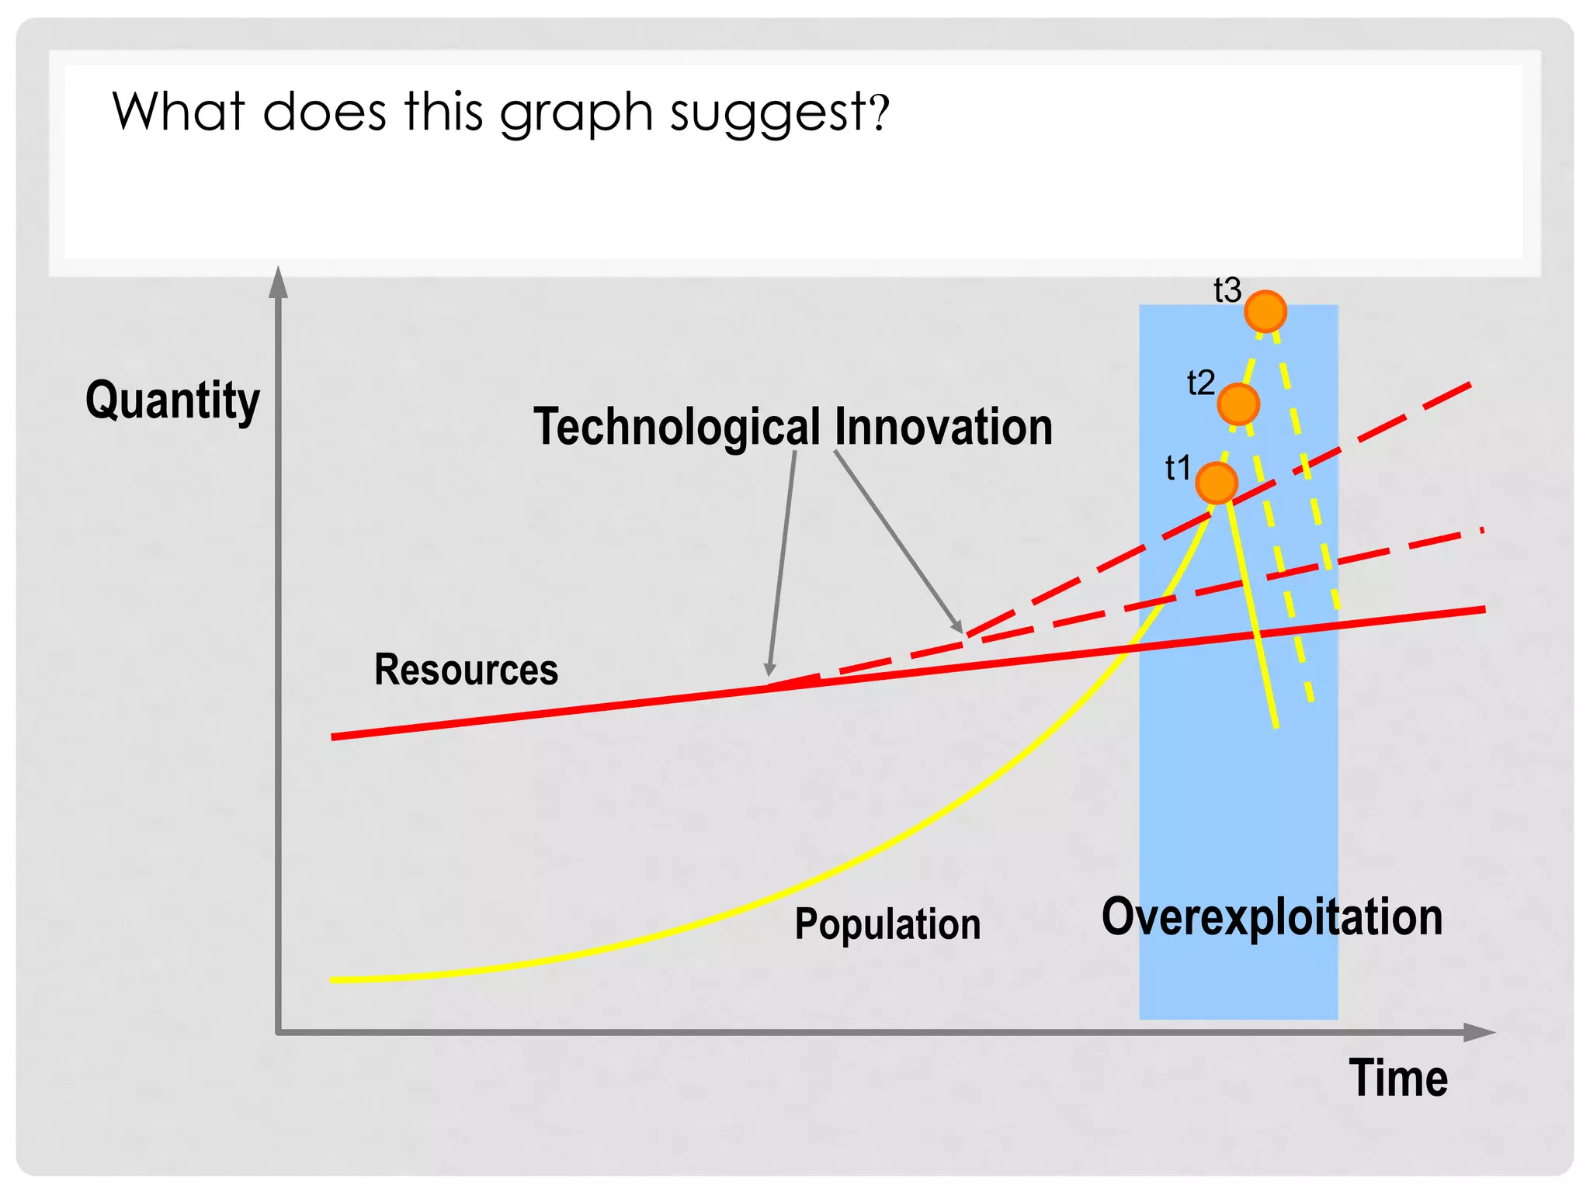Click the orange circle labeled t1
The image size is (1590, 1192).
1217,483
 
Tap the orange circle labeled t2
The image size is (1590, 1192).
1238,404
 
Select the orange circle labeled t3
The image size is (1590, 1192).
1265,311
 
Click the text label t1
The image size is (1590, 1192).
1178,468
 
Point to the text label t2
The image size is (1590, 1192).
1201,383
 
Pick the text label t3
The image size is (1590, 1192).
1227,290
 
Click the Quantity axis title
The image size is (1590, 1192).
172,400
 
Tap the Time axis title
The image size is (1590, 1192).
1398,1078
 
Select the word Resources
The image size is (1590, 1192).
466,669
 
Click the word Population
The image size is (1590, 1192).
887,924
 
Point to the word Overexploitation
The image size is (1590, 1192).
1272,917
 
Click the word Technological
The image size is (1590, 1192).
677,426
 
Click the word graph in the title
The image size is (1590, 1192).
576,113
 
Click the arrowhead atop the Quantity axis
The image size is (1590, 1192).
278,282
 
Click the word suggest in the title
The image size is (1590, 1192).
768,113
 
